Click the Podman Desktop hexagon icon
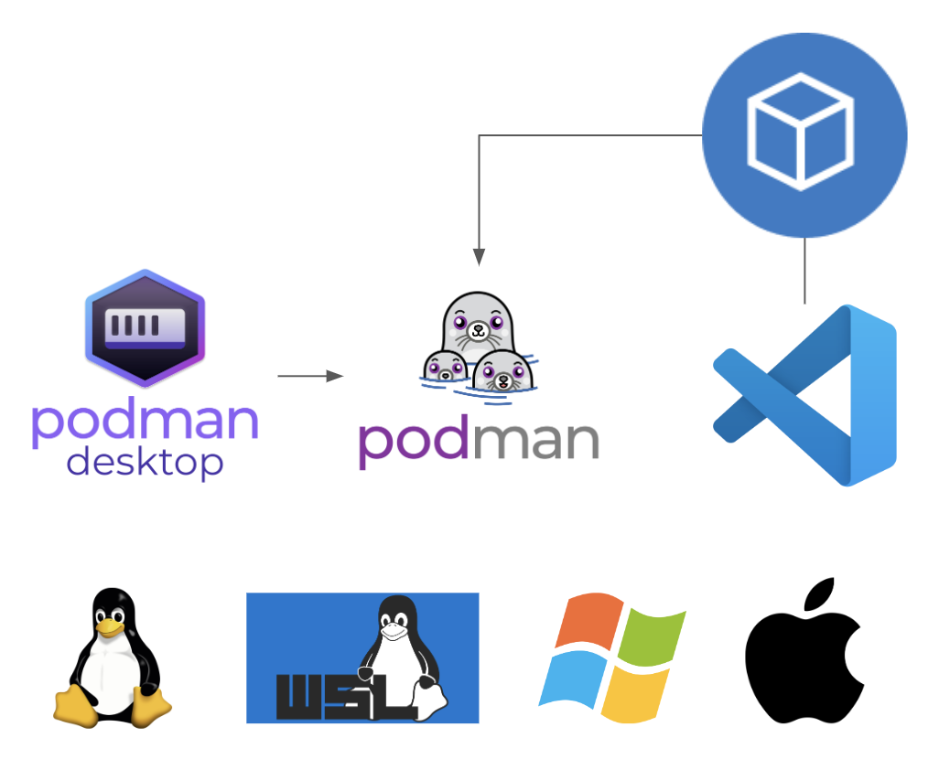[145, 328]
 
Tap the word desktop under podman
[145, 463]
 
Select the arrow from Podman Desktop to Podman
[310, 376]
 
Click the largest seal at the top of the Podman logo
[478, 323]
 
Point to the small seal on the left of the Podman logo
[445, 367]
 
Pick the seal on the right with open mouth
[502, 371]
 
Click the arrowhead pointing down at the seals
[479, 256]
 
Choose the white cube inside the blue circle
[800, 132]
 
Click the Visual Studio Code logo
[804, 395]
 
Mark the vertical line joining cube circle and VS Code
[804, 271]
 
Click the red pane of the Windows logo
[588, 619]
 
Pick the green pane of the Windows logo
[652, 635]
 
